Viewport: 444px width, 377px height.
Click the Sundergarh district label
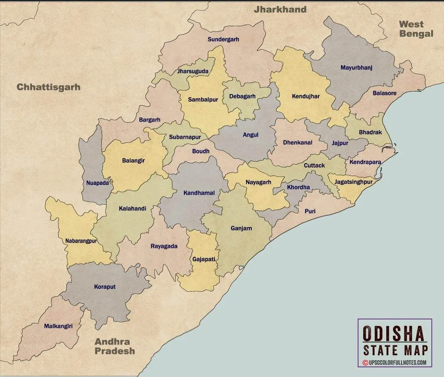pos(223,39)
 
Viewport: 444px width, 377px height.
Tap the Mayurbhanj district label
pos(356,68)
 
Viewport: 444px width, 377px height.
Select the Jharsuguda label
pos(193,71)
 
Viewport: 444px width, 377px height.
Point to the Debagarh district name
pos(242,96)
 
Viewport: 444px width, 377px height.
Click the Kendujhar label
pos(305,96)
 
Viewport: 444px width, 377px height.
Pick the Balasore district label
pos(385,94)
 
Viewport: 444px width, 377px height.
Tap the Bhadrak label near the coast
pos(370,133)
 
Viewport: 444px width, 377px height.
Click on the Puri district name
pos(310,212)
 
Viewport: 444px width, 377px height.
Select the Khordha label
pos(298,187)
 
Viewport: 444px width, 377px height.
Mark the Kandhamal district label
pos(199,193)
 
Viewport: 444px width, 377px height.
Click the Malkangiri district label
pos(58,326)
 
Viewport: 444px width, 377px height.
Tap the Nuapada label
pos(97,183)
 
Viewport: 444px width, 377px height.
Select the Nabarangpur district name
pos(81,241)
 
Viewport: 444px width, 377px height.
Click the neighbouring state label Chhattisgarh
pos(48,87)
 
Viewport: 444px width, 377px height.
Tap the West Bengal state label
pos(416,29)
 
